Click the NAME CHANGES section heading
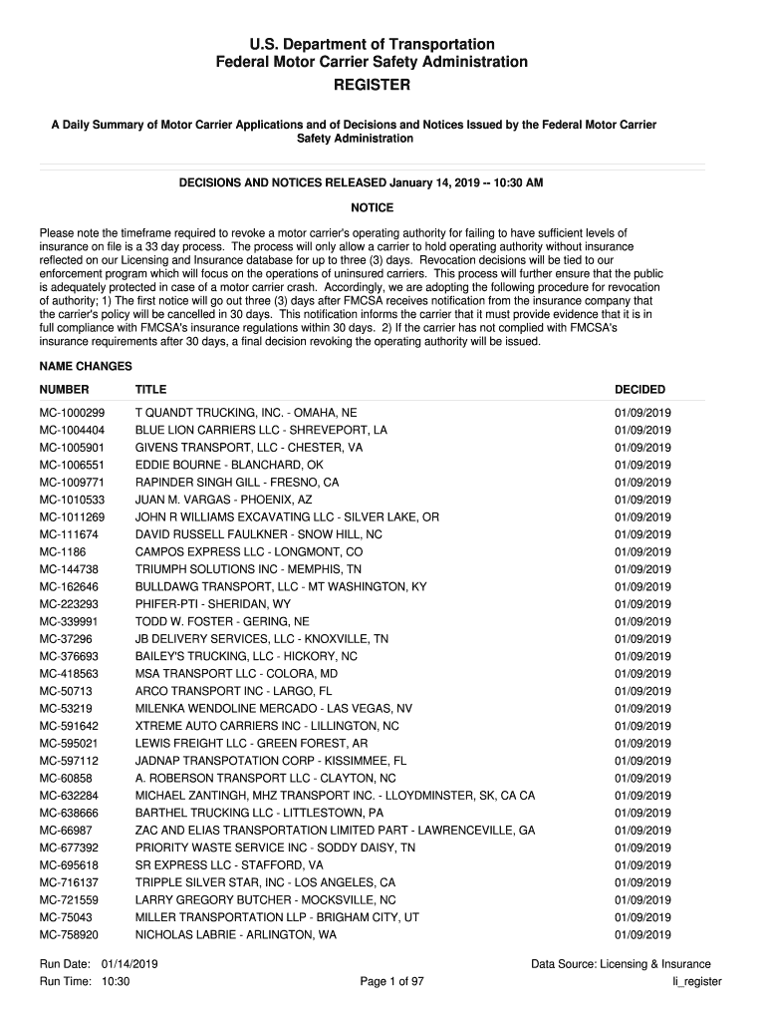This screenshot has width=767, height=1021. pos(86,367)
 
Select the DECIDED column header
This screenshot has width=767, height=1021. pos(639,390)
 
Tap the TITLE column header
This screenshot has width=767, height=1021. pos(150,390)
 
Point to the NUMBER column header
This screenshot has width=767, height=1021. pos(64,390)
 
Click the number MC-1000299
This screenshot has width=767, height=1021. pos(72,413)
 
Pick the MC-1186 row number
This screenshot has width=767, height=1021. pos(62,552)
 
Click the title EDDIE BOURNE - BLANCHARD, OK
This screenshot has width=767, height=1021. pos(229,466)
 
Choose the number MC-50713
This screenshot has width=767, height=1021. pos(66,691)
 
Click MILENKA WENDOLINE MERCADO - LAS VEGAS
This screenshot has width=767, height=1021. pos(273,709)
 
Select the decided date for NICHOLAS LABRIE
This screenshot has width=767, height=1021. pos(642,935)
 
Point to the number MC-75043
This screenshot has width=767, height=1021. pos(66,917)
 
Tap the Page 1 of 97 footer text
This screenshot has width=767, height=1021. pos(392,982)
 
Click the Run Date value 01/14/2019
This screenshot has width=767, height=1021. pos(129,964)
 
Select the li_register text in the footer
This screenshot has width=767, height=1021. pos(696,982)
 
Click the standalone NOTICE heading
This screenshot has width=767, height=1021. pos(373,208)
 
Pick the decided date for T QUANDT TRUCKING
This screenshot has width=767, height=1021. pos(642,413)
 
